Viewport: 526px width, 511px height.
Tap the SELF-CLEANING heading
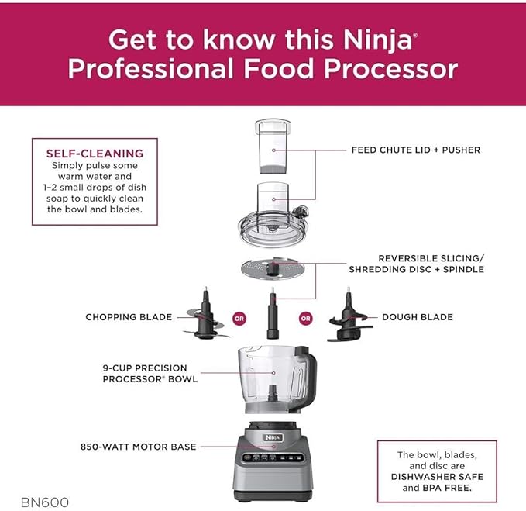pyautogui.click(x=95, y=154)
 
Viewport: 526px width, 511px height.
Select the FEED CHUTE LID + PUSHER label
pyautogui.click(x=416, y=150)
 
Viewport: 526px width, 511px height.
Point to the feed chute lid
pyautogui.click(x=273, y=218)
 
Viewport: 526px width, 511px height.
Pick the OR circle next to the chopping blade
pyautogui.click(x=240, y=318)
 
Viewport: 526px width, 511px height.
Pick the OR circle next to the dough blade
pyautogui.click(x=306, y=318)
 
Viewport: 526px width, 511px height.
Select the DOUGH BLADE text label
pyautogui.click(x=417, y=317)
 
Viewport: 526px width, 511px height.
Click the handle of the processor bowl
pyautogui.click(x=303, y=369)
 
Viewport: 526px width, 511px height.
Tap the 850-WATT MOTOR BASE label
pyautogui.click(x=139, y=447)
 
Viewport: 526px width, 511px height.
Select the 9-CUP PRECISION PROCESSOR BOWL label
pyautogui.click(x=150, y=373)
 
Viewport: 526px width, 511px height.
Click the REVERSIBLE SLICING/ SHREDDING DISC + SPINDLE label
pyautogui.click(x=431, y=264)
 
